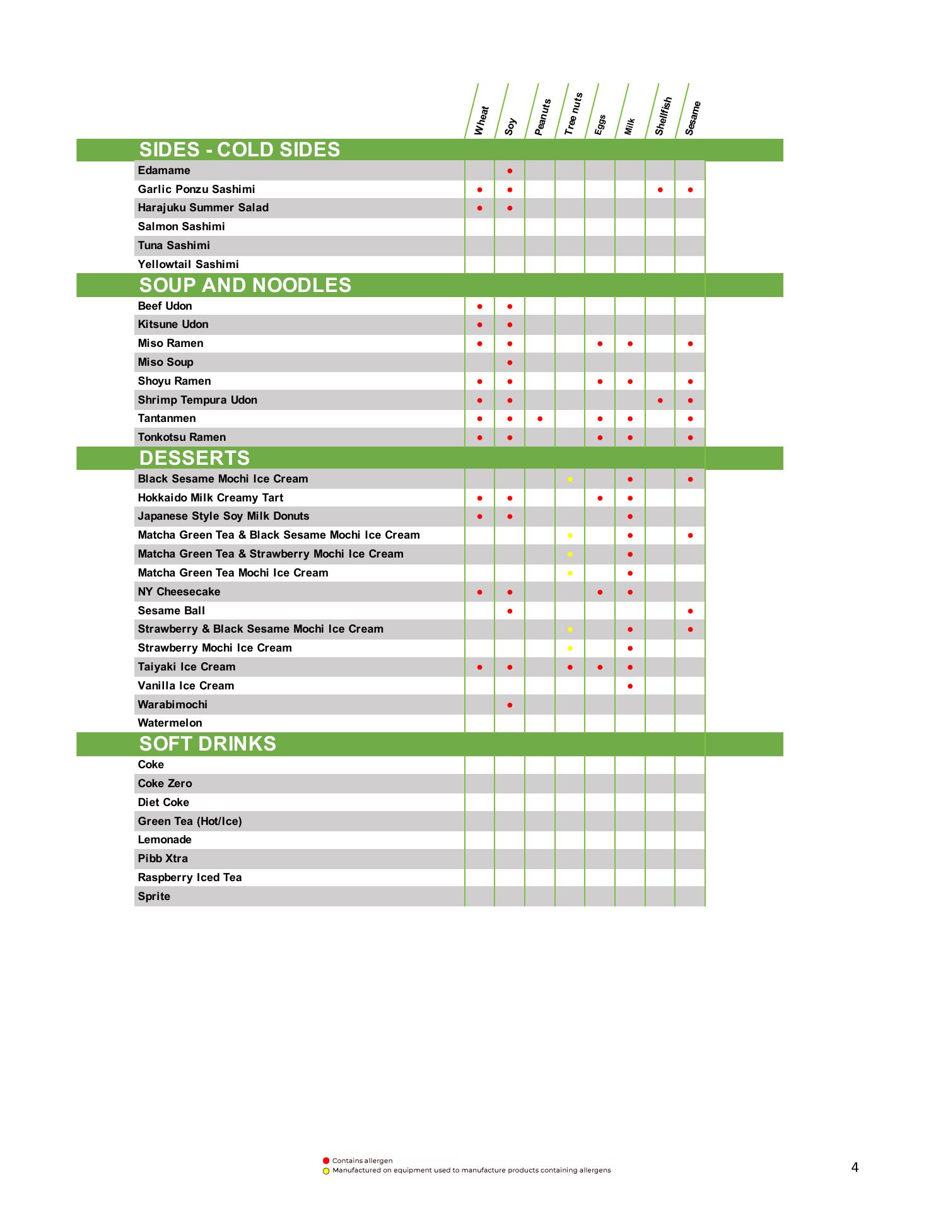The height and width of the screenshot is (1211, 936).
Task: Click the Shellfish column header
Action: click(663, 115)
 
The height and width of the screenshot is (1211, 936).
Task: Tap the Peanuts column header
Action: click(542, 117)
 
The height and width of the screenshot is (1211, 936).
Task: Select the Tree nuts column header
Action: click(573, 114)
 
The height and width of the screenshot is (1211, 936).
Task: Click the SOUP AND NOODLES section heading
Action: click(245, 285)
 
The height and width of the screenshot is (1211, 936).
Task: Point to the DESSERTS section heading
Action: click(194, 458)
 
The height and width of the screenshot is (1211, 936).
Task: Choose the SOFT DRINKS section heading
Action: click(208, 744)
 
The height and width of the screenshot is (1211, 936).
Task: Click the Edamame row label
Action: click(164, 170)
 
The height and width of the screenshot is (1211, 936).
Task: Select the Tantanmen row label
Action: click(167, 418)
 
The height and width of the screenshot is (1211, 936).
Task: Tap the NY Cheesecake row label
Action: click(179, 592)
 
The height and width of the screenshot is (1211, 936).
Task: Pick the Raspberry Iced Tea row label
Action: click(190, 877)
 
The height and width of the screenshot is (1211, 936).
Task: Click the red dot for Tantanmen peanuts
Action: click(540, 419)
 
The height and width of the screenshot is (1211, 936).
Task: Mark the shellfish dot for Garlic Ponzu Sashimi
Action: click(660, 190)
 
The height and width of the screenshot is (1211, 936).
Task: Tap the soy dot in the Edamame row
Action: click(510, 171)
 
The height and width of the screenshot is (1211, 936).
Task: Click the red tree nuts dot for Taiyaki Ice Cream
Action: click(570, 667)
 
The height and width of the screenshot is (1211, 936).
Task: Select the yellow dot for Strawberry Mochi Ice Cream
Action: click(570, 648)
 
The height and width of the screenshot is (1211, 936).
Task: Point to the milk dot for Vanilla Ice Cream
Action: click(630, 686)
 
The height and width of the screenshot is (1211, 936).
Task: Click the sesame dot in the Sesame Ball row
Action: click(691, 611)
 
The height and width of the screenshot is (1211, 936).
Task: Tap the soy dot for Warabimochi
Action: click(510, 705)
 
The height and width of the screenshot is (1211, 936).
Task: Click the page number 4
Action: click(855, 1167)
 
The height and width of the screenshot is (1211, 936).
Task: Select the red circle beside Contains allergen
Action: click(326, 1161)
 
